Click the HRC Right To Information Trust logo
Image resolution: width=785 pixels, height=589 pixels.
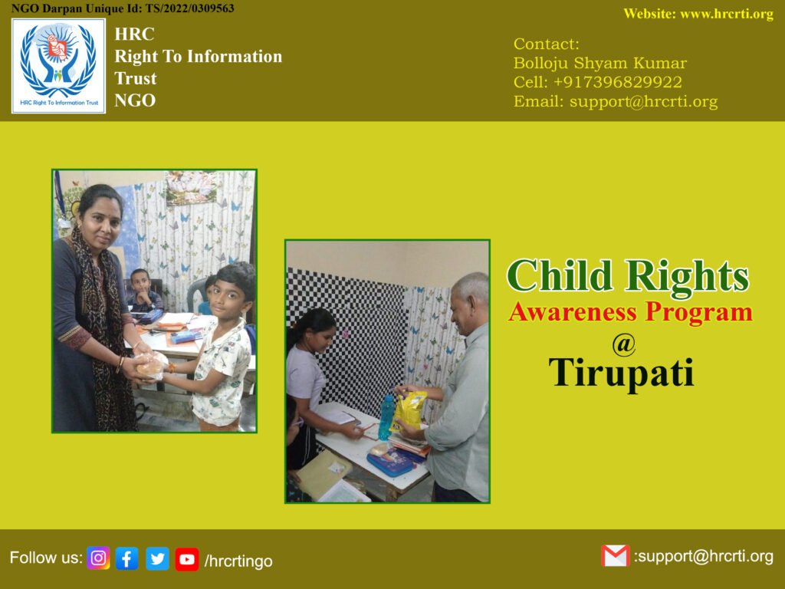pyautogui.click(x=58, y=66)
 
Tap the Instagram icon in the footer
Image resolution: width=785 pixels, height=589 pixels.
pyautogui.click(x=98, y=558)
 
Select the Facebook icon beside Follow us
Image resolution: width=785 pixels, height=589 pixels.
pyautogui.click(x=127, y=558)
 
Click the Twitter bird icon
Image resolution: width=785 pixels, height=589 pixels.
pyautogui.click(x=158, y=558)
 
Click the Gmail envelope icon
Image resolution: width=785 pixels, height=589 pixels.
pyautogui.click(x=616, y=556)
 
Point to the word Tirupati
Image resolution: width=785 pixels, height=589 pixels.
pyautogui.click(x=622, y=373)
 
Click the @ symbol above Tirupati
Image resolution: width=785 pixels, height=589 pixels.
pyautogui.click(x=624, y=344)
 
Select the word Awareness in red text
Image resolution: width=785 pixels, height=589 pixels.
pyautogui.click(x=573, y=312)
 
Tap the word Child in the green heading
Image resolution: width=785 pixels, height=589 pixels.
pyautogui.click(x=560, y=275)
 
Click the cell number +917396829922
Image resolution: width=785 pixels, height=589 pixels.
pyautogui.click(x=618, y=82)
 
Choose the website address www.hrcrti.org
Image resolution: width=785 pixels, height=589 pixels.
pyautogui.click(x=727, y=14)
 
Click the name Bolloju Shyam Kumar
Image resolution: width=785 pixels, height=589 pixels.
pyautogui.click(x=600, y=63)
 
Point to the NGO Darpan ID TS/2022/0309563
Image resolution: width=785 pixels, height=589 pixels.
pyautogui.click(x=190, y=8)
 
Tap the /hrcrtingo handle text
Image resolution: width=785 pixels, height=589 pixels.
pyautogui.click(x=238, y=561)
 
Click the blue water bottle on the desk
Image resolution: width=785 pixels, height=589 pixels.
pyautogui.click(x=386, y=416)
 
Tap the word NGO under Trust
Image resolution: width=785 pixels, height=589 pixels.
pyautogui.click(x=135, y=100)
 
